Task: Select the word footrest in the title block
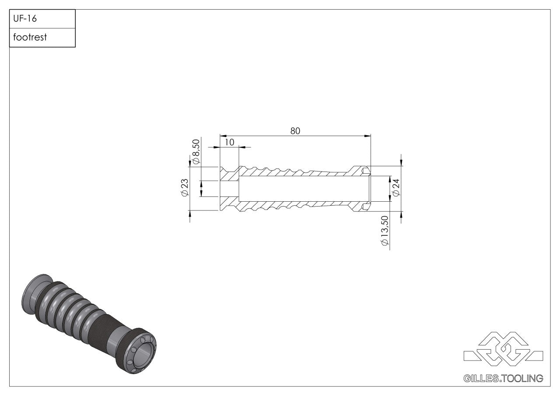pyautogui.click(x=30, y=38)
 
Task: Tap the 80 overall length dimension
pyautogui.click(x=295, y=131)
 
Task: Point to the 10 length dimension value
pyautogui.click(x=229, y=142)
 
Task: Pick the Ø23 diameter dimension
pyautogui.click(x=184, y=188)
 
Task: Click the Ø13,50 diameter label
pyautogui.click(x=385, y=231)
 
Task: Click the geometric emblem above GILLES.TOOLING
pyautogui.click(x=503, y=349)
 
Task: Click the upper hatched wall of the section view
pyautogui.click(x=297, y=173)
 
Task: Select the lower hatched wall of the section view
pyautogui.click(x=297, y=204)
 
